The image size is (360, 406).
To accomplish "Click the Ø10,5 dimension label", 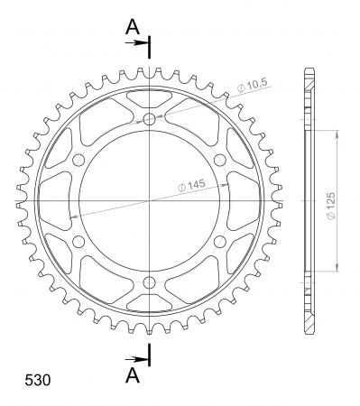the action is pyautogui.click(x=252, y=87).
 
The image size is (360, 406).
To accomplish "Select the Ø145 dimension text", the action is pyautogui.click(x=191, y=185).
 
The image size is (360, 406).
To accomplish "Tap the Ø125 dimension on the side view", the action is pyautogui.click(x=330, y=206).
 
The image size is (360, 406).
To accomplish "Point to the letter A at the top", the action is pyautogui.click(x=133, y=26).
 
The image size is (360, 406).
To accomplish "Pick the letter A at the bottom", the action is pyautogui.click(x=133, y=375).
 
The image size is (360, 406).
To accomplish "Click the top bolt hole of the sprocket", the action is pyautogui.click(x=149, y=119).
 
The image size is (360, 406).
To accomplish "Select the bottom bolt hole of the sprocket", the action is pyautogui.click(x=149, y=282).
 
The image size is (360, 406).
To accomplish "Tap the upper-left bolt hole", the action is pyautogui.click(x=78, y=160).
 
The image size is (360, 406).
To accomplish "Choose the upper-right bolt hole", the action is pyautogui.click(x=220, y=160).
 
